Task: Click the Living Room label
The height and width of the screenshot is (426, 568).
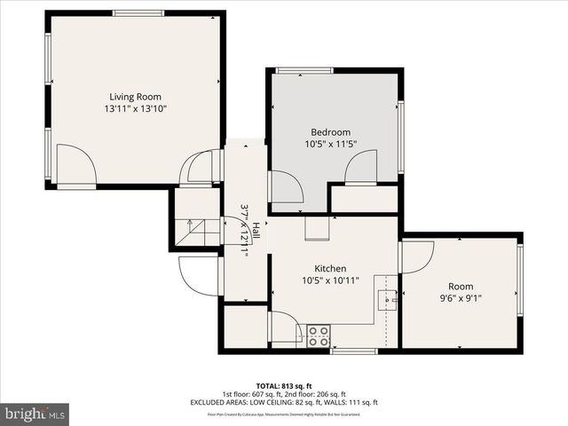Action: click(x=135, y=97)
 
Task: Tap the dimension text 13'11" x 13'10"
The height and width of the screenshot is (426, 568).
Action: click(x=135, y=108)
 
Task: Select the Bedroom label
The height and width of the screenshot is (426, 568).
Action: click(x=329, y=132)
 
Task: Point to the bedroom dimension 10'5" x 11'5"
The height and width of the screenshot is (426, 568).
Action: click(x=329, y=144)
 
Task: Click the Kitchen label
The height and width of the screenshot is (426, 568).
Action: click(x=330, y=269)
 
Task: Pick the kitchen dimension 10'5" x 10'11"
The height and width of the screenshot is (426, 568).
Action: click(x=330, y=280)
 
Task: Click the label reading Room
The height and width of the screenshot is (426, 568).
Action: click(x=461, y=287)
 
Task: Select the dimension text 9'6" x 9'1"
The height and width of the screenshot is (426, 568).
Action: click(x=461, y=298)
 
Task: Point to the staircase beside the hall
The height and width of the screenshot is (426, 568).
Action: click(x=195, y=233)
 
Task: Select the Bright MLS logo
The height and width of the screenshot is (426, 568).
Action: click(x=35, y=414)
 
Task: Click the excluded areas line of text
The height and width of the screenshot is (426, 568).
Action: click(x=284, y=402)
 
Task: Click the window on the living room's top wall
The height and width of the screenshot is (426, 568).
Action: click(x=138, y=13)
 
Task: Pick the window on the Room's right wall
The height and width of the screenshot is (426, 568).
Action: click(x=520, y=280)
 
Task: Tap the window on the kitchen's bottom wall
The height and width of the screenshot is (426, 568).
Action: click(x=348, y=351)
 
